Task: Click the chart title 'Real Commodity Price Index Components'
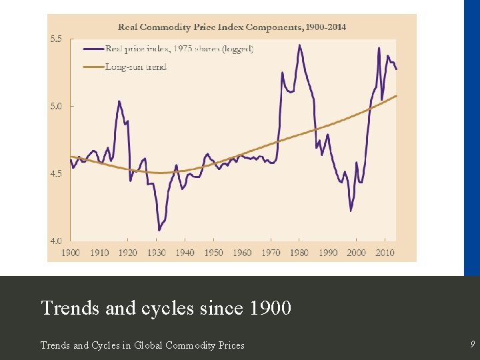[x=232, y=27]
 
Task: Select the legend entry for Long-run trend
[x=136, y=67]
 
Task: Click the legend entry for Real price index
[x=179, y=49]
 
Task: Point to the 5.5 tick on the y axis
[x=56, y=39]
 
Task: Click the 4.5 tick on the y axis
[x=56, y=173]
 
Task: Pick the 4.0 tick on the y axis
[x=56, y=241]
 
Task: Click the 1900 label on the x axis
[x=71, y=253]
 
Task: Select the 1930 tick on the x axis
[x=157, y=253]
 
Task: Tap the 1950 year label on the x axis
[x=213, y=253]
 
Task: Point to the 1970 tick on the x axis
[x=271, y=253]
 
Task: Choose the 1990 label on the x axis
[x=328, y=253]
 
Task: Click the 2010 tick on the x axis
[x=385, y=253]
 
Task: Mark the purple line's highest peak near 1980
[x=299, y=45]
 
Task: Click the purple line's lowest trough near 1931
[x=159, y=230]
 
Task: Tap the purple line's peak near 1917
[x=119, y=101]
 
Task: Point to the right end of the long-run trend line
[x=397, y=96]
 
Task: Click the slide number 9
[x=472, y=345]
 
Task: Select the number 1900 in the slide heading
[x=270, y=308]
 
